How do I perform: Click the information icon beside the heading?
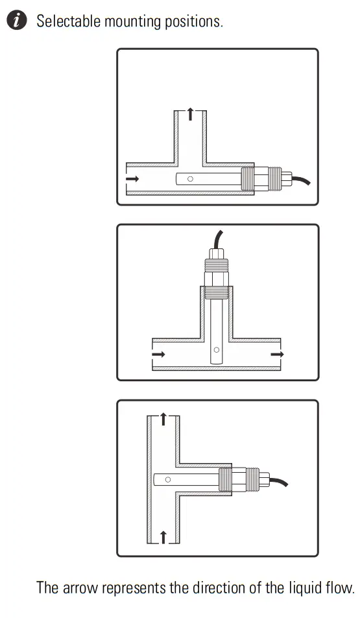(x=18, y=21)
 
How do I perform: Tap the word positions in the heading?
(x=196, y=21)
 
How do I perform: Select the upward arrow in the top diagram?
(x=190, y=115)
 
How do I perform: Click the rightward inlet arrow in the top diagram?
(x=132, y=178)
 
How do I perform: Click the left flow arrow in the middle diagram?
(x=158, y=354)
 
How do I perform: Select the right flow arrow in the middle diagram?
(x=277, y=354)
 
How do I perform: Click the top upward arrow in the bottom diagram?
(x=163, y=419)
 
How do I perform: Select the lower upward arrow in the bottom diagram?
(x=163, y=536)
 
